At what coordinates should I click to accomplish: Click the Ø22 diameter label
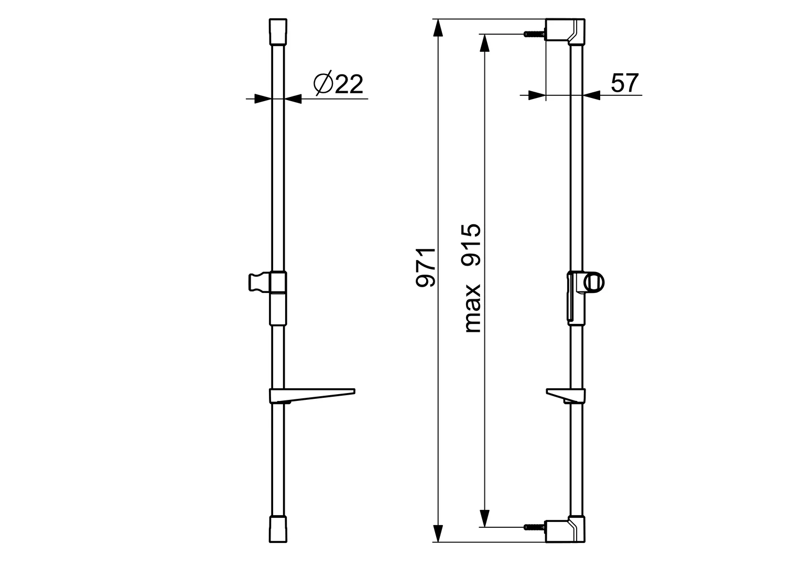(338, 84)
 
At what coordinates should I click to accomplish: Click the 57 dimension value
(624, 83)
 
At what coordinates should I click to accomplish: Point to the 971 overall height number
(426, 267)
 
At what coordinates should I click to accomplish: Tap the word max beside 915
(472, 309)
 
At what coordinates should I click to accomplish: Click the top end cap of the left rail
(278, 32)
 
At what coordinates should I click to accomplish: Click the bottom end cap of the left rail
(278, 529)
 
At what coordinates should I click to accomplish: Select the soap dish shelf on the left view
(312, 396)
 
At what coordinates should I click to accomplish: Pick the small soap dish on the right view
(566, 396)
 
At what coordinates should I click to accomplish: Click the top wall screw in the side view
(534, 34)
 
